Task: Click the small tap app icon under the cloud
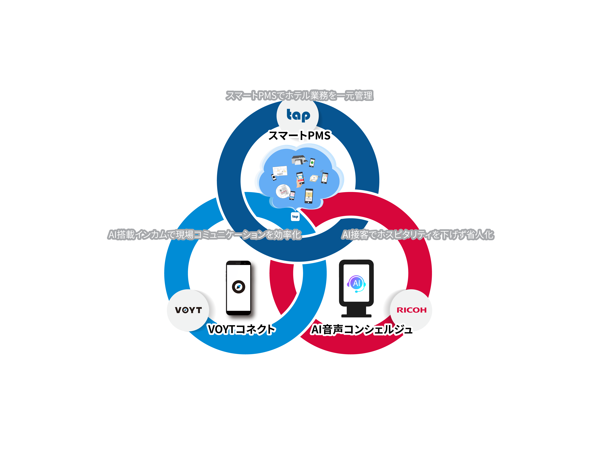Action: coord(295,217)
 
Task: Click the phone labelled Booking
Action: coord(309,195)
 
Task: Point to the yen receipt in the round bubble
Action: coord(283,191)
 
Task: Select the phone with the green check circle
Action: coord(312,162)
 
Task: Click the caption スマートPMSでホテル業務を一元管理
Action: coord(299,96)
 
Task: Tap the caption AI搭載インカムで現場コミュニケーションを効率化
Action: coord(204,234)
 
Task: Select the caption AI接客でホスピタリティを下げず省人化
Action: coord(418,234)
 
